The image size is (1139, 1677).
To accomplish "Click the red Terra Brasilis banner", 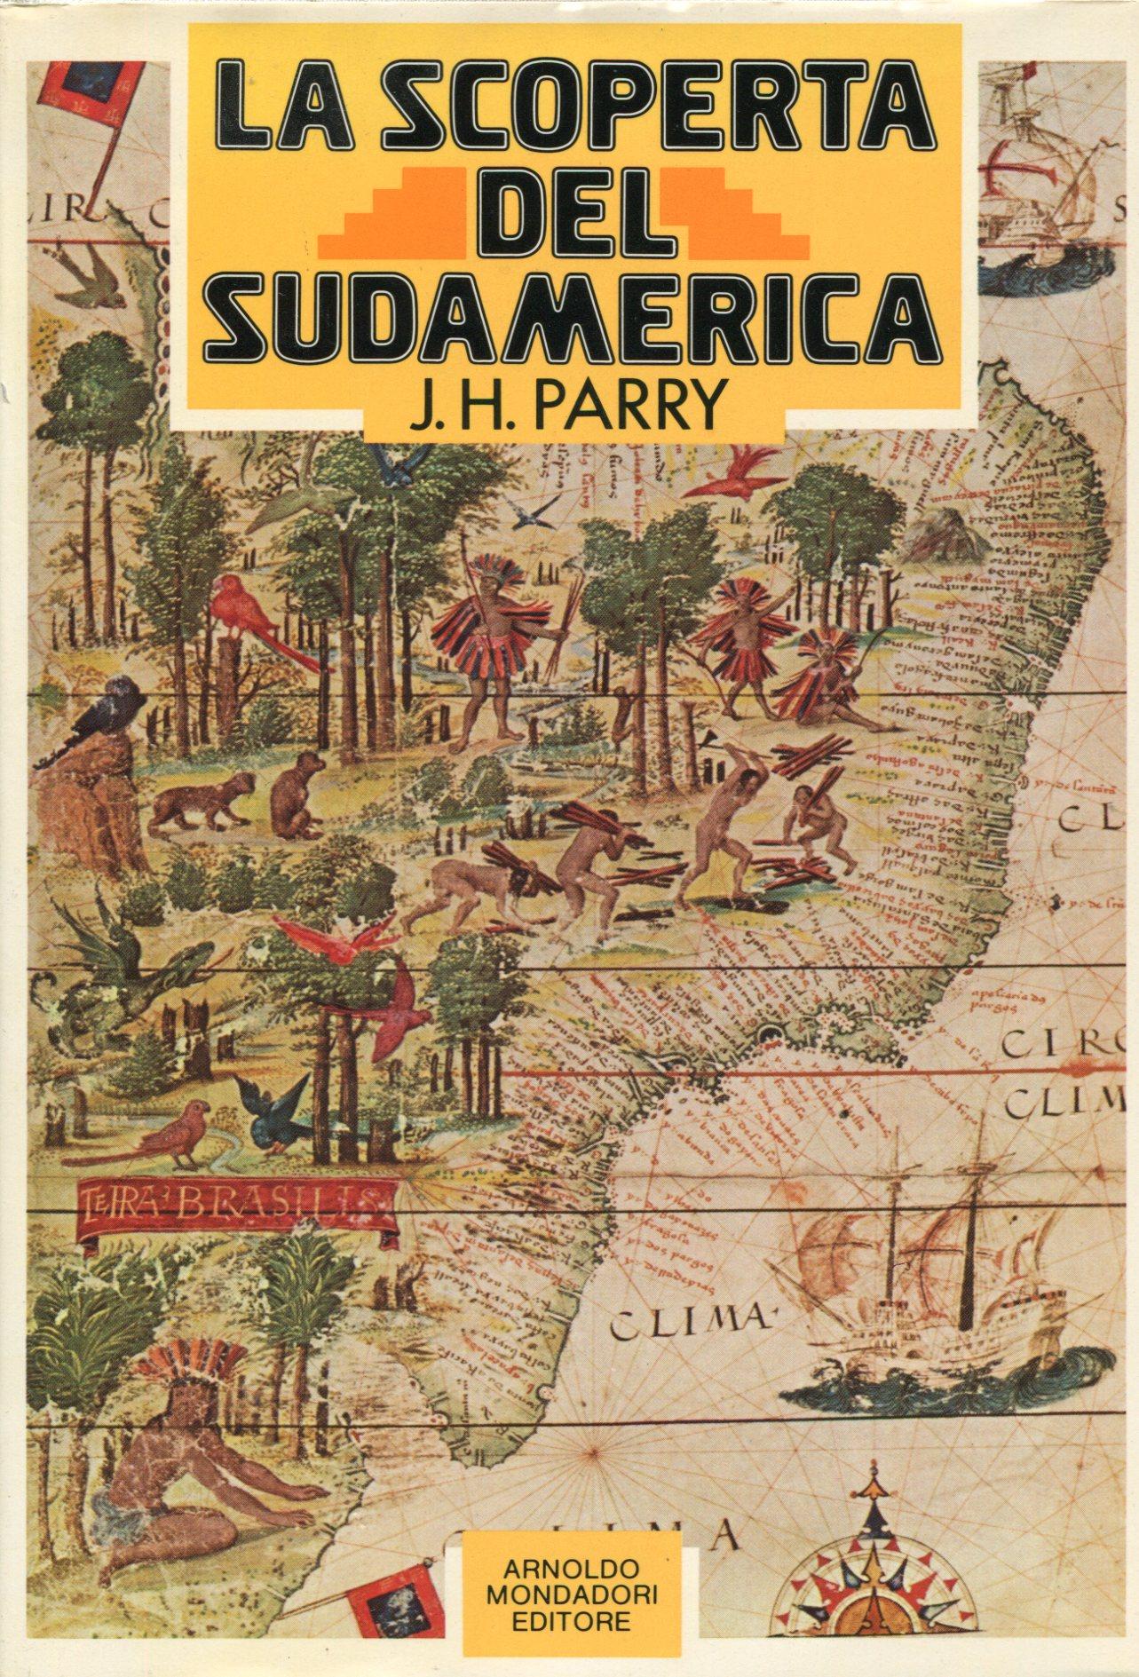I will pos(235,1206).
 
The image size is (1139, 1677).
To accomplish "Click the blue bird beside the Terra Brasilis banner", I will pos(280,1114).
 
